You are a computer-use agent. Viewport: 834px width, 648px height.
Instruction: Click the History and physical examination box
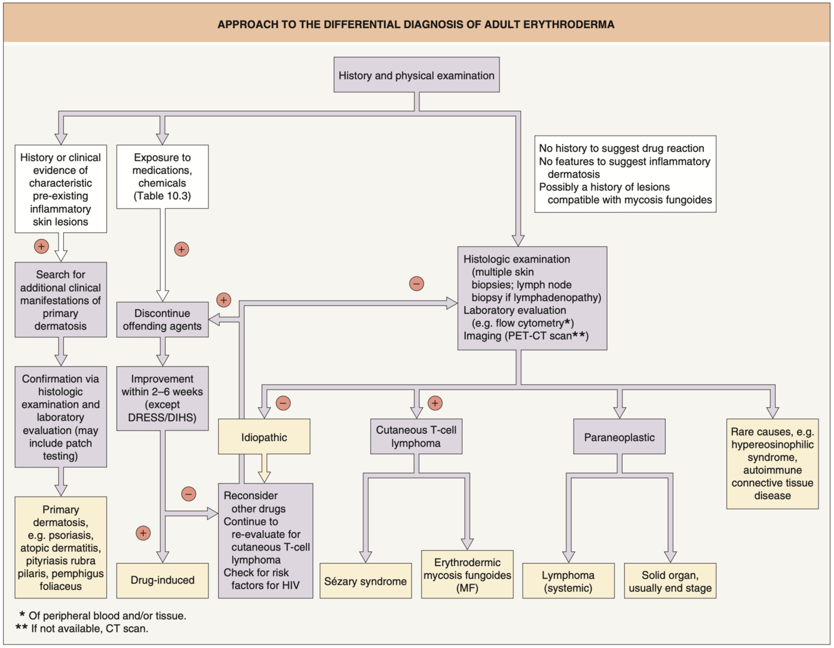416,75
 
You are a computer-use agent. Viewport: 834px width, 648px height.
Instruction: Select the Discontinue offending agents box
163,320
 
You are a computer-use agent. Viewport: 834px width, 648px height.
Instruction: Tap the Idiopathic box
264,437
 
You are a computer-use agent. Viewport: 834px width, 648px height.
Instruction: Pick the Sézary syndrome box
365,581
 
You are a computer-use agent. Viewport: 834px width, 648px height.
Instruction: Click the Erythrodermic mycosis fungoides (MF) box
467,575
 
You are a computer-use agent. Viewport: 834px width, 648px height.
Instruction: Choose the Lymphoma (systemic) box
568,581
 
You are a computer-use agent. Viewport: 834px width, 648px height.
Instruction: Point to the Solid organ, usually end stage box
670,581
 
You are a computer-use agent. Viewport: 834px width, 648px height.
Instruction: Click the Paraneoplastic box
619,437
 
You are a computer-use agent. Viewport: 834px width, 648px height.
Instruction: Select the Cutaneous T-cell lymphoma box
416,437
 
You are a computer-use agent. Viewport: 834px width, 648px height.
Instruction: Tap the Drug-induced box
163,580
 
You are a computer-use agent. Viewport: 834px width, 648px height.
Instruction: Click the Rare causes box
772,463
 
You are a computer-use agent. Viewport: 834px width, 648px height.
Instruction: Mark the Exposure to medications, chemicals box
163,176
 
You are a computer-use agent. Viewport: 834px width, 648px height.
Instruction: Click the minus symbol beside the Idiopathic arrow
283,403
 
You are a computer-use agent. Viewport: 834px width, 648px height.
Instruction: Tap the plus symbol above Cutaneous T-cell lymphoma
435,403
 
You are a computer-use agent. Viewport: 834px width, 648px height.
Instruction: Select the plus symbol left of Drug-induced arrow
143,533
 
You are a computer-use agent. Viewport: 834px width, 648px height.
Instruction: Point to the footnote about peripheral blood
106,615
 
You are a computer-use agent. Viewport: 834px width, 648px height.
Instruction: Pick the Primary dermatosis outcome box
61,547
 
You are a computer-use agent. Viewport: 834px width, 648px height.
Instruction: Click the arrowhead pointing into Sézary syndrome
366,556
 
